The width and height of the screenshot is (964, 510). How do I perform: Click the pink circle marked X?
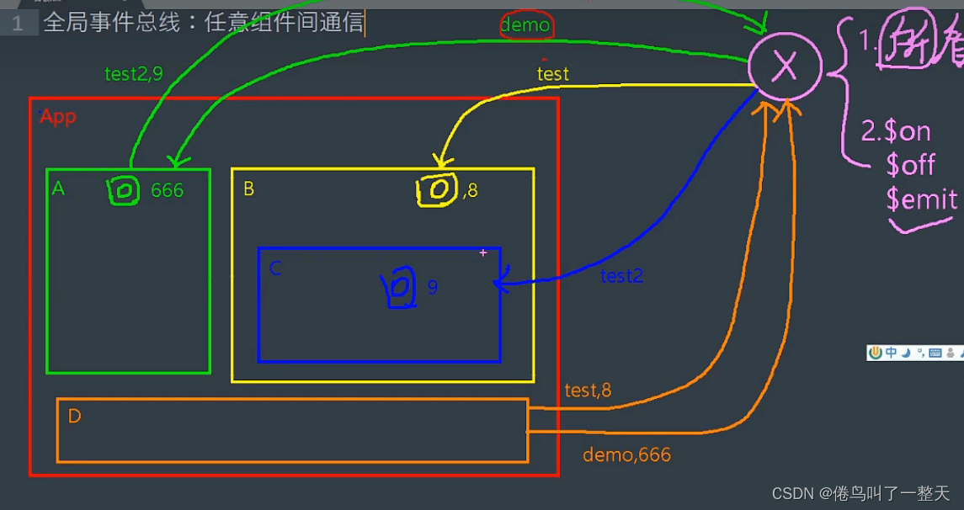pos(785,66)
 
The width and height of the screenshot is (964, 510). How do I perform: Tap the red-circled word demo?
pos(525,25)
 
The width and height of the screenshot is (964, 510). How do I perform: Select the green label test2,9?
pos(133,73)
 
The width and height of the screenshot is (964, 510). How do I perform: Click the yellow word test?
pos(553,73)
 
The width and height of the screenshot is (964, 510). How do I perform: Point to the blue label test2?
pos(621,275)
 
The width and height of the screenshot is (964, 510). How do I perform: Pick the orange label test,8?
pos(588,390)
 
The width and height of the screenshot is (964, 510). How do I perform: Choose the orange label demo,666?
pos(626,455)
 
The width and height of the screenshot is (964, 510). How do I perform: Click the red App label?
pos(58,116)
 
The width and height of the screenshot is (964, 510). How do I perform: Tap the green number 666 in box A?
pos(167,191)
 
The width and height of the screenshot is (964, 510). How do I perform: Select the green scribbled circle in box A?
pos(123,191)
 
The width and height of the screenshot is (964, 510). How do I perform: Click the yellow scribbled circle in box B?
pos(437,190)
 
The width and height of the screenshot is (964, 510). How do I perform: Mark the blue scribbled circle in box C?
pos(399,287)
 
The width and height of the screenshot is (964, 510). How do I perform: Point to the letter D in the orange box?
pos(74,417)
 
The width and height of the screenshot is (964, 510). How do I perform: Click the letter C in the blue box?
pos(275,268)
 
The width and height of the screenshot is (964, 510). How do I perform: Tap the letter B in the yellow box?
pos(248,189)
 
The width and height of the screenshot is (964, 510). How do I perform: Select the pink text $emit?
pos(921,199)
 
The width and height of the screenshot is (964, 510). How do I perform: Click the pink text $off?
pos(910,165)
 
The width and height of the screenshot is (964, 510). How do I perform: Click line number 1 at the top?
pos(18,23)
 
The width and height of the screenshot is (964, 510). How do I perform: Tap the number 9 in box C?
pos(433,287)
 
